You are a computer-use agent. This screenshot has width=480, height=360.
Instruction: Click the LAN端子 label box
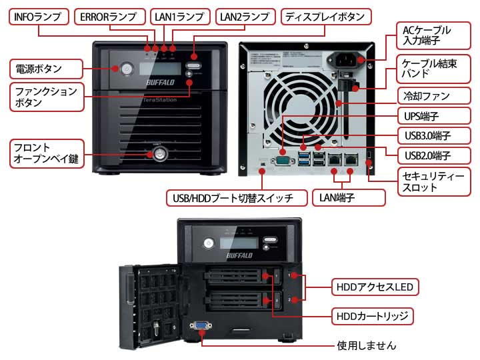click(x=349, y=197)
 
